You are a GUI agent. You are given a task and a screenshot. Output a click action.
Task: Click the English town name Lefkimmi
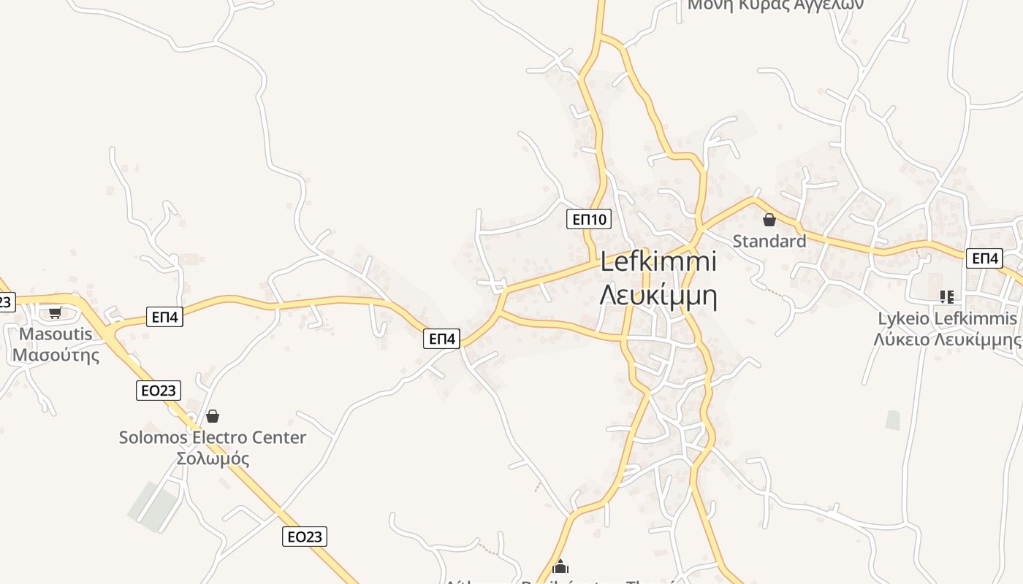pyautogui.click(x=658, y=263)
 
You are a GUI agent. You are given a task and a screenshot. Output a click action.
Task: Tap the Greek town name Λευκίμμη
pyautogui.click(x=658, y=296)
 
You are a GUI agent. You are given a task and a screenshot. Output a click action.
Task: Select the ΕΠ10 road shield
pyautogui.click(x=588, y=219)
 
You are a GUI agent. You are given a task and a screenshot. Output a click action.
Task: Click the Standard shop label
pyautogui.click(x=769, y=241)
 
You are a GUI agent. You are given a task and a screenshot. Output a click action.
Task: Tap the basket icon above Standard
pyautogui.click(x=769, y=220)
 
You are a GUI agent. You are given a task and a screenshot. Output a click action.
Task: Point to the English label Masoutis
pyautogui.click(x=56, y=334)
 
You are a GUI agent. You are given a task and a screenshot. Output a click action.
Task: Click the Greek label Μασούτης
pyautogui.click(x=56, y=356)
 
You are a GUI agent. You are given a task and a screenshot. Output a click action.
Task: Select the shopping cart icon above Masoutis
pyautogui.click(x=55, y=313)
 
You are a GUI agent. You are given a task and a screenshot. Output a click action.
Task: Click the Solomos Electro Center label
pyautogui.click(x=213, y=438)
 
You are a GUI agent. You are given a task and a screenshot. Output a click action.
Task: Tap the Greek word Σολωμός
pyautogui.click(x=213, y=459)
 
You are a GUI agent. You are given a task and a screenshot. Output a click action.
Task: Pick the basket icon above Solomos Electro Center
pyautogui.click(x=213, y=416)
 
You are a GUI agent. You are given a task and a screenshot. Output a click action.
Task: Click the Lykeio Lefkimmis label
pyautogui.click(x=947, y=319)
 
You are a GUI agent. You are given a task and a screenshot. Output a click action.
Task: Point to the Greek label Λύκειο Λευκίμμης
pyautogui.click(x=947, y=339)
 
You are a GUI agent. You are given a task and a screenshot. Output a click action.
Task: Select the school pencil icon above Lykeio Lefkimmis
pyautogui.click(x=947, y=296)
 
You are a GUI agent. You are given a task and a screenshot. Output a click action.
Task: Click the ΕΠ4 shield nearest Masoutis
pyautogui.click(x=164, y=317)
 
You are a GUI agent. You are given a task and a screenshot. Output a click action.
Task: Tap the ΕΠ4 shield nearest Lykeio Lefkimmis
pyautogui.click(x=984, y=258)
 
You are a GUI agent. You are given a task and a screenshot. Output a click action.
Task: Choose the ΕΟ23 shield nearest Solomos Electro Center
pyautogui.click(x=158, y=391)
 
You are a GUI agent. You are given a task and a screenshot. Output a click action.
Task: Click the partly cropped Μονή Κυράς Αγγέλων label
pyautogui.click(x=775, y=5)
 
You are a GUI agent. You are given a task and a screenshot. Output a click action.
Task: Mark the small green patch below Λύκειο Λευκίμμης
pyautogui.click(x=893, y=420)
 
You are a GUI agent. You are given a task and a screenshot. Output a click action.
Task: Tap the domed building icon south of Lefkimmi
pyautogui.click(x=560, y=566)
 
